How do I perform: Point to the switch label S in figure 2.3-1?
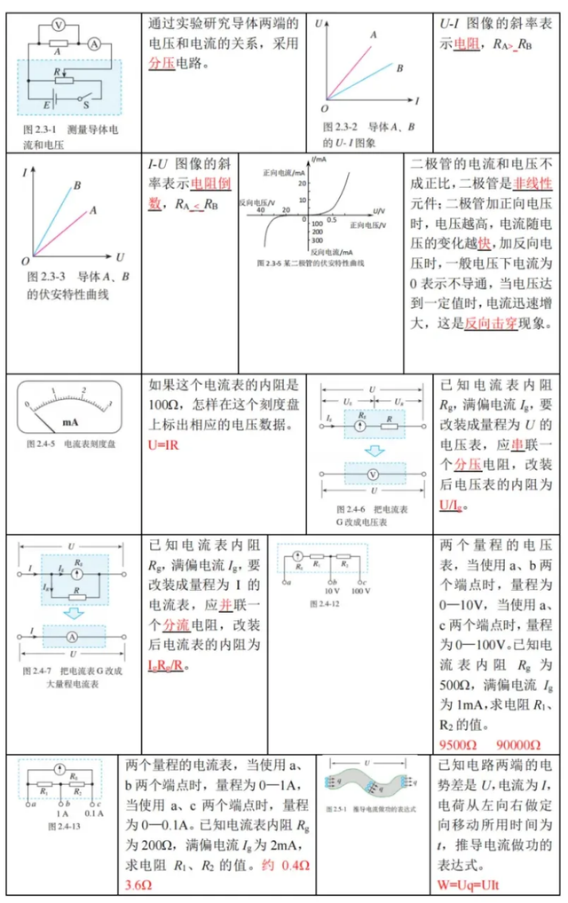87,106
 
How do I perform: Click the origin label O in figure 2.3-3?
26,262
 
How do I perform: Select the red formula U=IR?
164,444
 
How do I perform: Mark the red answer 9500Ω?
459,742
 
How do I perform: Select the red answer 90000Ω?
523,742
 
